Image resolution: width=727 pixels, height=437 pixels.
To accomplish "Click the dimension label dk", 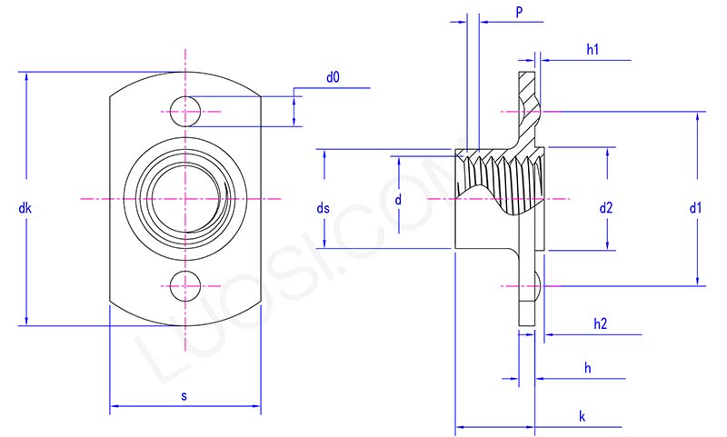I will pyautogui.click(x=25, y=209).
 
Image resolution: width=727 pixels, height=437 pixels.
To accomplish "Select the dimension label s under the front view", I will pyautogui.click(x=185, y=396).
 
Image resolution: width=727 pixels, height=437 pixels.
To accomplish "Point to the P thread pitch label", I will pyautogui.click(x=518, y=13).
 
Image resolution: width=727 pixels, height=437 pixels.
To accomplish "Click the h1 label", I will pyautogui.click(x=592, y=51).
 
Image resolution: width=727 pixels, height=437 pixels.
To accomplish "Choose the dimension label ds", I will pyautogui.click(x=323, y=209).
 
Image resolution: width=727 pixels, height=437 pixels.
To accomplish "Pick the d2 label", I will pyautogui.click(x=606, y=209).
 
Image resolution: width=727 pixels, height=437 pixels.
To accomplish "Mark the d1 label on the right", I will pyautogui.click(x=695, y=209).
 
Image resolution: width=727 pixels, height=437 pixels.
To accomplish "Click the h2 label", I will pyautogui.click(x=600, y=323).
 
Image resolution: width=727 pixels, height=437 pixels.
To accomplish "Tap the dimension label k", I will pyautogui.click(x=582, y=416).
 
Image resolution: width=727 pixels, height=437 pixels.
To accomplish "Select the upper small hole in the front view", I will pyautogui.click(x=185, y=111).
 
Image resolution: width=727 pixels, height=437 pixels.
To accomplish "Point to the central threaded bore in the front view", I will pyautogui.click(x=185, y=197).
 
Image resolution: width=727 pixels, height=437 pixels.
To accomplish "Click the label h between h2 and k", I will pyautogui.click(x=588, y=368).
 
